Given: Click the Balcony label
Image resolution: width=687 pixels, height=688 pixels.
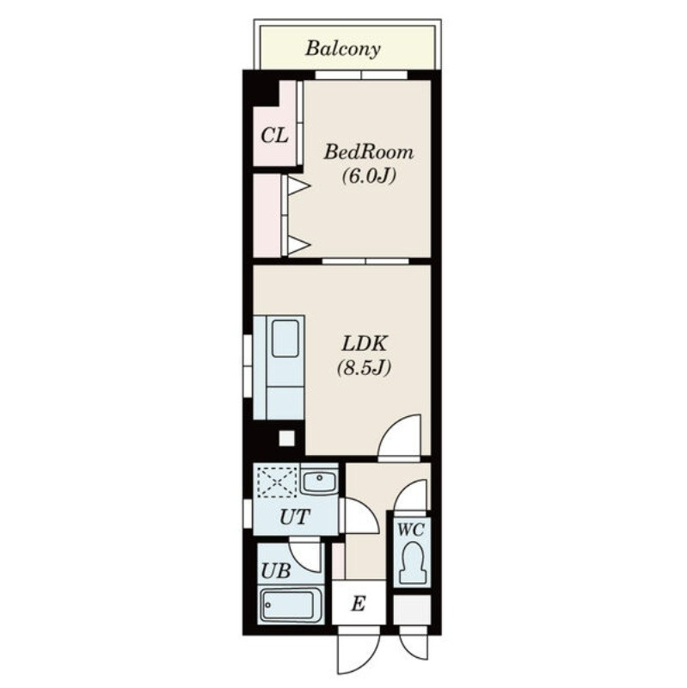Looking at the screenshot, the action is [342, 48].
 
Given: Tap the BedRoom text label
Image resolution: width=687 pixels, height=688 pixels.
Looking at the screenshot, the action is [369, 152].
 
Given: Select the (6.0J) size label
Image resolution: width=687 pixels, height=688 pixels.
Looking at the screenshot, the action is [369, 176].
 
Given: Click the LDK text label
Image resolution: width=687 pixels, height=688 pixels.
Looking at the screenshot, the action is [364, 343].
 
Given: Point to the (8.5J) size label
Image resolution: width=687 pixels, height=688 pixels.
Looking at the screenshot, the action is [364, 368].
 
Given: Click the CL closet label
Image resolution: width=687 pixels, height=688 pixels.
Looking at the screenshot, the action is [274, 135].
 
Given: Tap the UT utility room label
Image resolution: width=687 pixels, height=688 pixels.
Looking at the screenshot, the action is [295, 517].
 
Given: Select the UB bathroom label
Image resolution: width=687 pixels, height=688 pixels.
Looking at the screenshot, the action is [276, 571].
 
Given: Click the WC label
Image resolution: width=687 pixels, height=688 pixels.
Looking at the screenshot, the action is [411, 530].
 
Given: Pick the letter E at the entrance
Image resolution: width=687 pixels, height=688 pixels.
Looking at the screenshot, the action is [359, 605].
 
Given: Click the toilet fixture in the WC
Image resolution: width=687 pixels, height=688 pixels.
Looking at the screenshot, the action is [412, 562].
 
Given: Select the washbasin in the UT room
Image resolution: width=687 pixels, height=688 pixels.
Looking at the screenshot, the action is [319, 482].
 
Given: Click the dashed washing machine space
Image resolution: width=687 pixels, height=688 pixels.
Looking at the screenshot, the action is [278, 482].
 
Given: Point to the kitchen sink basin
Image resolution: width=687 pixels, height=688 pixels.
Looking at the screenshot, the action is [285, 338].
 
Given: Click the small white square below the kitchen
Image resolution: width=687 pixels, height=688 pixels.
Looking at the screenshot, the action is [287, 438].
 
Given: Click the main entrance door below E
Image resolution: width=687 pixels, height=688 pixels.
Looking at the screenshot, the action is [359, 654].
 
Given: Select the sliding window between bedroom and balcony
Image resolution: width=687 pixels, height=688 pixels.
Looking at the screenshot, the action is [361, 75].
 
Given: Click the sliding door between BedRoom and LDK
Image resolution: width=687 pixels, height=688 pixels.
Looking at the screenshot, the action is [366, 261].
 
